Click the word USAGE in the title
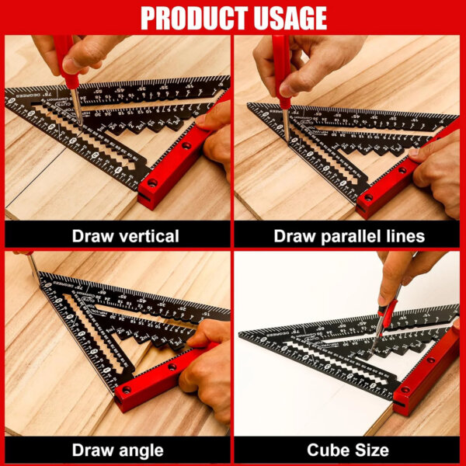pyautogui.click(x=287, y=17)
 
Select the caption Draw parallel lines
pyautogui.click(x=349, y=235)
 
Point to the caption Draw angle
pyautogui.click(x=117, y=449)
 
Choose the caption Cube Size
pyautogui.click(x=349, y=449)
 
